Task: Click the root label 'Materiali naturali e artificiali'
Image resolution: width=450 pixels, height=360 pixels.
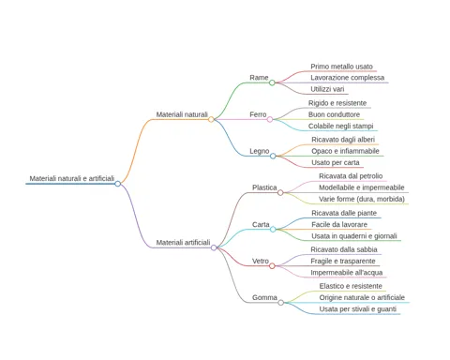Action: pyautogui.click(x=72, y=178)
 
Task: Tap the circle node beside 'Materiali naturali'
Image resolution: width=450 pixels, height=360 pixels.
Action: pyautogui.click(x=211, y=119)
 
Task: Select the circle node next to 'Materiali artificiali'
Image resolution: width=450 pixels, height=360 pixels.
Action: pyautogui.click(x=214, y=247)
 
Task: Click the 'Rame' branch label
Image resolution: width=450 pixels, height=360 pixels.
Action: pyautogui.click(x=259, y=78)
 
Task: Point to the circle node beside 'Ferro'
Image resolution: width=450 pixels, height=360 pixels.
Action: pyautogui.click(x=270, y=119)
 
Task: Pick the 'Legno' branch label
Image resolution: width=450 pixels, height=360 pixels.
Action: pyautogui.click(x=260, y=151)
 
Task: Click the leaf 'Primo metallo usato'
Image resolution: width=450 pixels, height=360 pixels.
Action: pyautogui.click(x=341, y=67)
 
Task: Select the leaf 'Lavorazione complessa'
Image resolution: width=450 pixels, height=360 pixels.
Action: pyautogui.click(x=347, y=78)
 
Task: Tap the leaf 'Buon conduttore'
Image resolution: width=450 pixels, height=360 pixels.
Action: pyautogui.click(x=334, y=114)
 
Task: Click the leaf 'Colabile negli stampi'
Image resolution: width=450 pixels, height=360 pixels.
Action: pyautogui.click(x=340, y=126)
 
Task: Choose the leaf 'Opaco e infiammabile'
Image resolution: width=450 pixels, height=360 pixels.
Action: pyautogui.click(x=345, y=151)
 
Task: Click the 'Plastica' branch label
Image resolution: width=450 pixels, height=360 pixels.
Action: pyautogui.click(x=264, y=187)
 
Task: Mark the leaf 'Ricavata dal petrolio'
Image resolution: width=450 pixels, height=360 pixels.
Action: pyautogui.click(x=351, y=176)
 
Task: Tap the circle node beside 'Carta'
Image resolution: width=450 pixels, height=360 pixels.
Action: pyautogui.click(x=273, y=230)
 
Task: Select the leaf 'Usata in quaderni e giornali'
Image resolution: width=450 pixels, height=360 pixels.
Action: pyautogui.click(x=354, y=236)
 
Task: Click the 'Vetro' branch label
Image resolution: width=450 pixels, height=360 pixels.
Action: pyautogui.click(x=261, y=261)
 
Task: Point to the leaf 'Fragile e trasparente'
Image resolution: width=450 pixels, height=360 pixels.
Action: pyautogui.click(x=343, y=261)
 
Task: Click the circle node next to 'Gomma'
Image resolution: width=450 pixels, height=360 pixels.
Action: pyautogui.click(x=281, y=303)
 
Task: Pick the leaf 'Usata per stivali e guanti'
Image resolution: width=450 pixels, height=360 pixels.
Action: pyautogui.click(x=358, y=309)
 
